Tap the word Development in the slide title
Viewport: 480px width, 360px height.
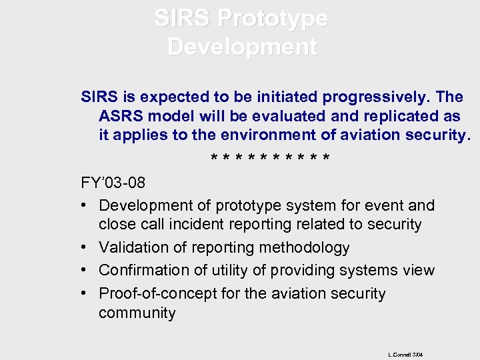[x=242, y=47]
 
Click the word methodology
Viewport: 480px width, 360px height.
[x=303, y=248]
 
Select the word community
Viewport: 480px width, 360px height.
[x=137, y=313]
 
